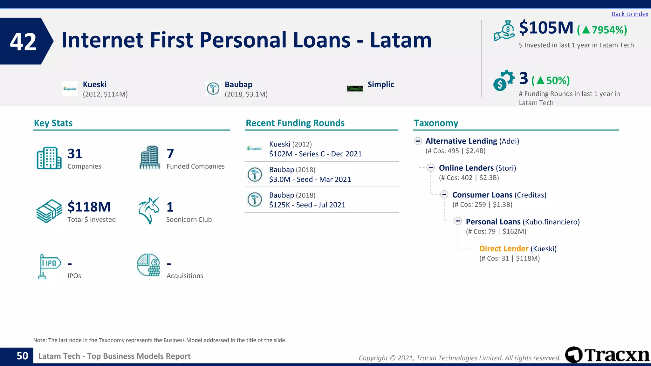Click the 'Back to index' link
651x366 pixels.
click(630, 14)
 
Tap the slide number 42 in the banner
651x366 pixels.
click(23, 42)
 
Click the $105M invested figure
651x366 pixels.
click(546, 28)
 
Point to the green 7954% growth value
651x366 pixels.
click(602, 30)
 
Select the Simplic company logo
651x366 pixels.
click(355, 89)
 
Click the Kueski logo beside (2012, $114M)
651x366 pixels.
click(70, 89)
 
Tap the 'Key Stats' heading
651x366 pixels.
click(53, 123)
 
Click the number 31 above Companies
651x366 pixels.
click(75, 154)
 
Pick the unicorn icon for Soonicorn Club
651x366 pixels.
click(149, 211)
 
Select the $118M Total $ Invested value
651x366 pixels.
click(89, 207)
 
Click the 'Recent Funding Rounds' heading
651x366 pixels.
click(295, 123)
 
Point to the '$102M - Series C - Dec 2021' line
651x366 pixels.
click(315, 154)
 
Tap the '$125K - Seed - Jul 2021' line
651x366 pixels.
click(307, 205)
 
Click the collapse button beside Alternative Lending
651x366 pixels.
click(418, 141)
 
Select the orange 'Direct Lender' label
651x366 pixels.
click(504, 249)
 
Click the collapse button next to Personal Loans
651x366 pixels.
click(458, 221)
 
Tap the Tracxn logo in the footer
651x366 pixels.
click(607, 355)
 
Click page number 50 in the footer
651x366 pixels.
click(22, 356)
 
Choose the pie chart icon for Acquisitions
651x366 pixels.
click(148, 265)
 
